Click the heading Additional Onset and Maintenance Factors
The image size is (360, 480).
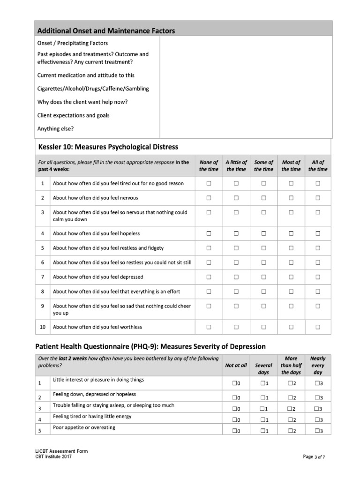point(106,31)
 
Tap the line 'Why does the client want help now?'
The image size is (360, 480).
point(82,102)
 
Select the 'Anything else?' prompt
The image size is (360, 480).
point(55,128)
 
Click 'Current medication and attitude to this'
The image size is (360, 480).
point(86,75)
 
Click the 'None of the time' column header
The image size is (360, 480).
point(209,166)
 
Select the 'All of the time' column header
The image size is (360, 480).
point(318,166)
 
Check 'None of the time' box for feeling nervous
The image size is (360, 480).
point(209,198)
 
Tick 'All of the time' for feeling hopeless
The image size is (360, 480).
point(318,233)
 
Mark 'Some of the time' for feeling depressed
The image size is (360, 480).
point(263,277)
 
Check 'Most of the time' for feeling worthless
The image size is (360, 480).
point(291,327)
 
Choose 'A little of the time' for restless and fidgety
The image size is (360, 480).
point(236,248)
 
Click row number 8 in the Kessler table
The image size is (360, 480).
point(42,292)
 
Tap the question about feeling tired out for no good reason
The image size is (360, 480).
point(118,183)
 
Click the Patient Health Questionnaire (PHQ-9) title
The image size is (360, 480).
point(150,346)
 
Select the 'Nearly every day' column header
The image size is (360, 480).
point(318,365)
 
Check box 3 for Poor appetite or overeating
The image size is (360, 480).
point(318,431)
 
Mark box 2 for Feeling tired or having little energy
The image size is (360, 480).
point(291,420)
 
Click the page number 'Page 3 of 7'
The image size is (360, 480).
point(314,457)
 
